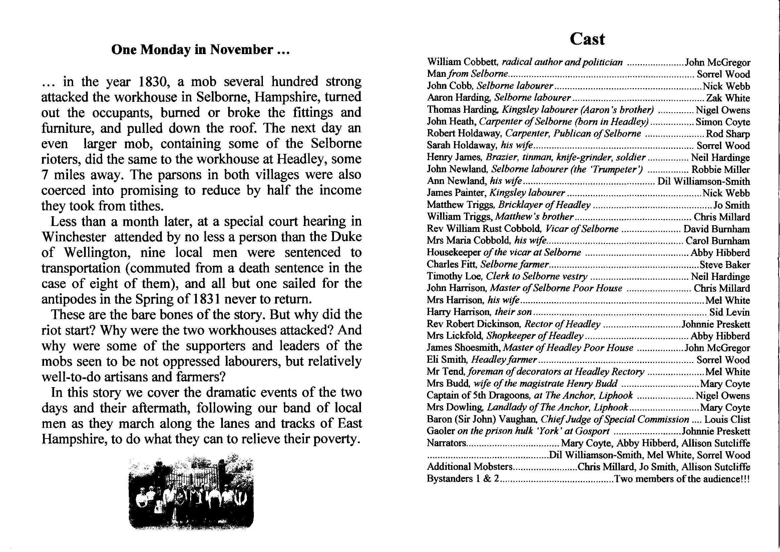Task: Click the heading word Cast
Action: pyautogui.click(x=588, y=39)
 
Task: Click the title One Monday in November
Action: pyautogui.click(x=201, y=50)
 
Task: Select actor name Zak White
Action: pyautogui.click(x=728, y=98)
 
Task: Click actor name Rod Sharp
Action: pyautogui.click(x=728, y=134)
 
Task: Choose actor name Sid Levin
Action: pyautogui.click(x=729, y=312)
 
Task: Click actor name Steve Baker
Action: pyautogui.click(x=724, y=265)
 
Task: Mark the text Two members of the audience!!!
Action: pyautogui.click(x=682, y=479)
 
